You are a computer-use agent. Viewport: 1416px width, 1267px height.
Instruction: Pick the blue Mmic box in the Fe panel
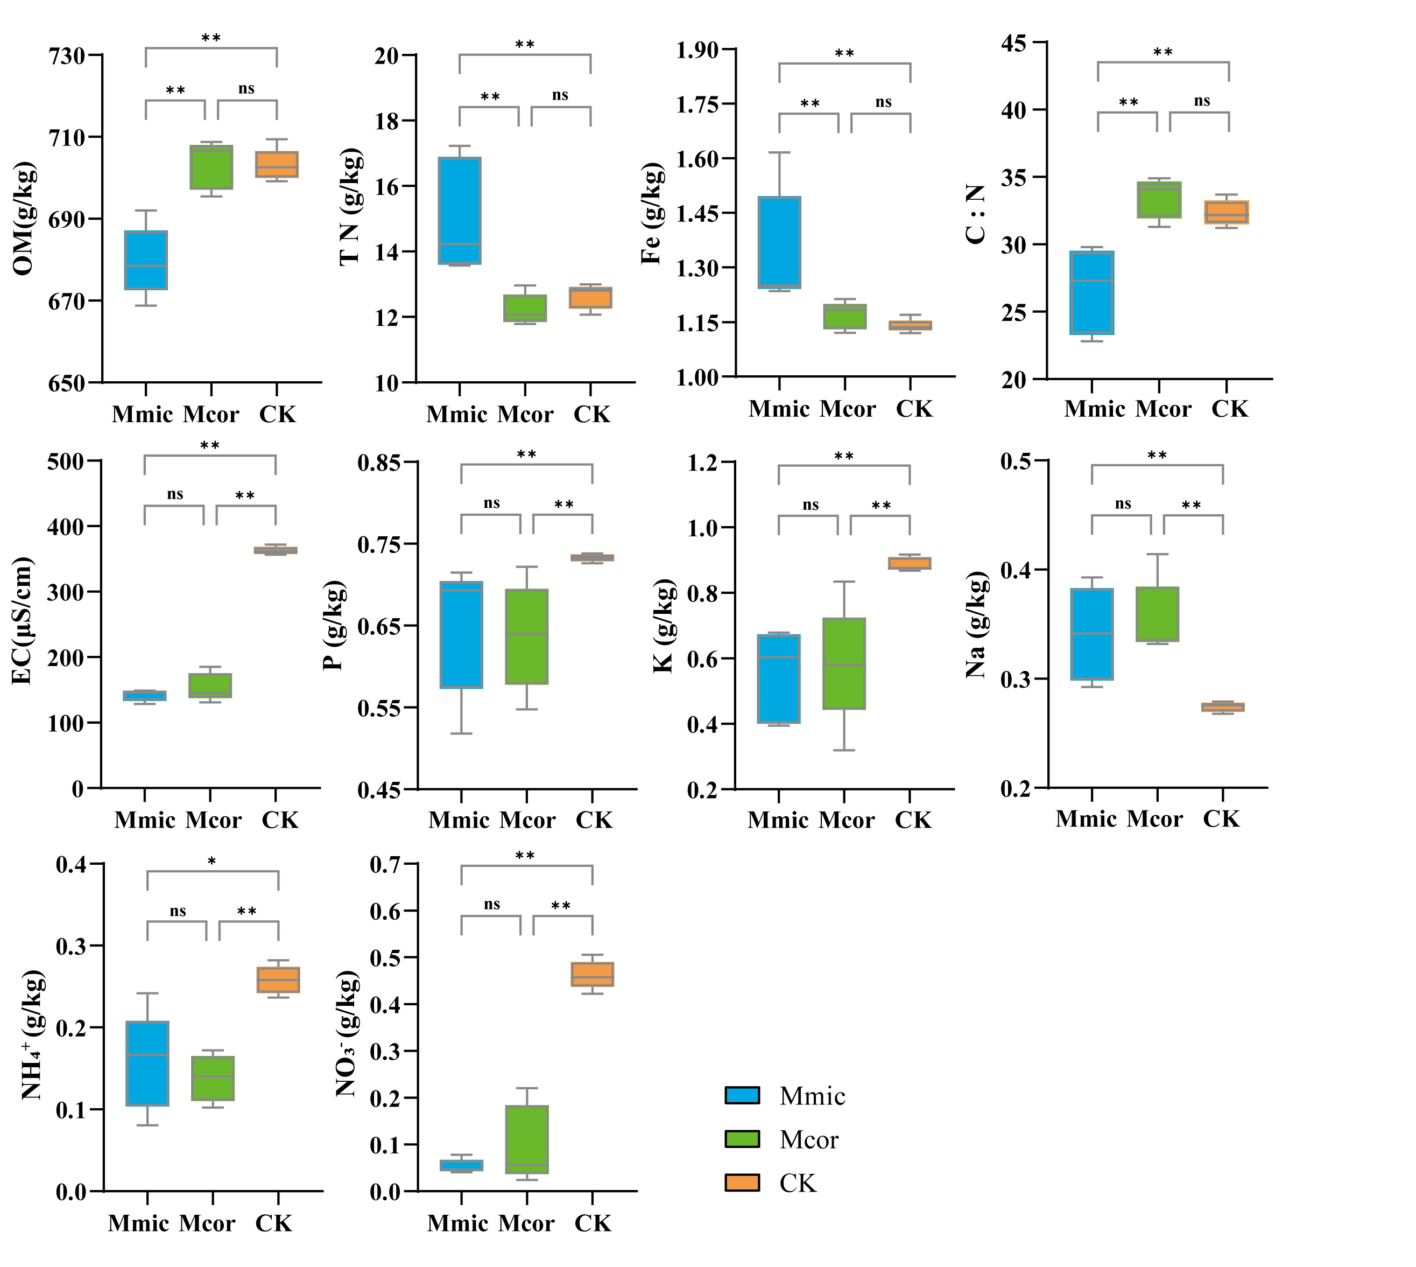coord(779,242)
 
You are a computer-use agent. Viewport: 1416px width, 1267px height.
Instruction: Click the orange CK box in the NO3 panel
coord(592,974)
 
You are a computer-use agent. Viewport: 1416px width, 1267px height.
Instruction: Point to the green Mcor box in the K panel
coord(844,663)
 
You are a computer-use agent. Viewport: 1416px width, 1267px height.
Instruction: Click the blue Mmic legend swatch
coord(742,1095)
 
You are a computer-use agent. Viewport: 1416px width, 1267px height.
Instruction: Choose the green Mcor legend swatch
coord(742,1139)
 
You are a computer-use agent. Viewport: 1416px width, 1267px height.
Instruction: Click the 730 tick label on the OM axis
coord(67,55)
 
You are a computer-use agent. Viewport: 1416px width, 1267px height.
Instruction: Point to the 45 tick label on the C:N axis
coord(1014,43)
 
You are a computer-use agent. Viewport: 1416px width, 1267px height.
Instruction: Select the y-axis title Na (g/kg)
coord(976,625)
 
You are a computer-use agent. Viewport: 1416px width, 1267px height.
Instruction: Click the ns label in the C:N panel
coord(1202,101)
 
